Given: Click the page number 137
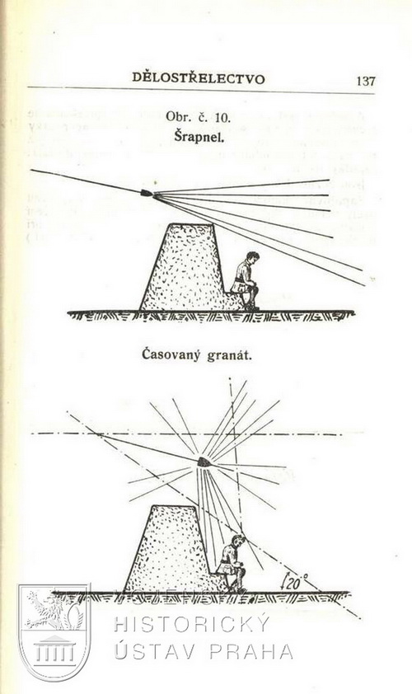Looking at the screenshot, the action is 366,81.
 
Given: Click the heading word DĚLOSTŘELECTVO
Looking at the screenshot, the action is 199,78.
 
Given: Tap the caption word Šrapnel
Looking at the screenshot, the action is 199,137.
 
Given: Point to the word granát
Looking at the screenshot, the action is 229,356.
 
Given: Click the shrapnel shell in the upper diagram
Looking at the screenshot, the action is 147,193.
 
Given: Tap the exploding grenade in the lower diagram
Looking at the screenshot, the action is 204,462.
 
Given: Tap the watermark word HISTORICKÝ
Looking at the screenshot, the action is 191,625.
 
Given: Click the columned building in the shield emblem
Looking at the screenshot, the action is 54,649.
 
